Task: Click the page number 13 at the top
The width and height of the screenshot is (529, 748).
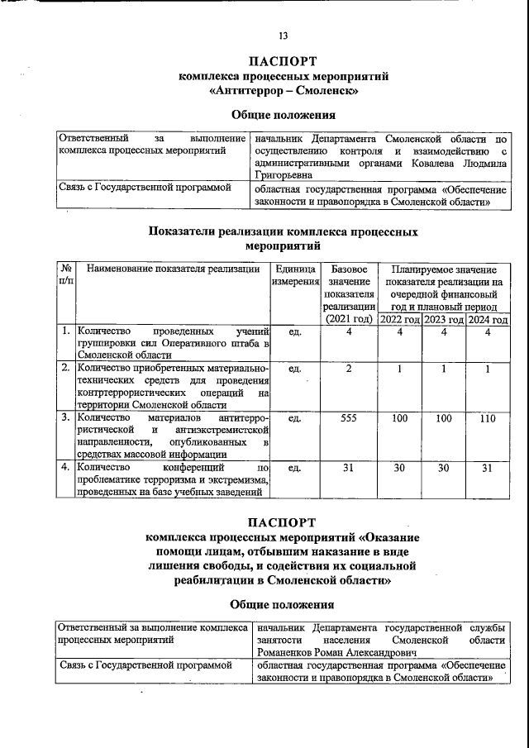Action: tap(283, 36)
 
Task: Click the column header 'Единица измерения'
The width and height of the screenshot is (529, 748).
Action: tap(295, 276)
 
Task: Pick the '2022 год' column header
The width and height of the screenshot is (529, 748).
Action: tap(400, 319)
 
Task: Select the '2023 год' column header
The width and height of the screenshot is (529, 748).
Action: tap(444, 319)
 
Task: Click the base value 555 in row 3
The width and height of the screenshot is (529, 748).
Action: tap(349, 419)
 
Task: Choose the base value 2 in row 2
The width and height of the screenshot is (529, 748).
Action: tap(349, 369)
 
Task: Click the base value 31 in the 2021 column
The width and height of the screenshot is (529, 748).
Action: tap(349, 469)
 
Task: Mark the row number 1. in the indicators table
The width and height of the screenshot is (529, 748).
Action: tap(64, 332)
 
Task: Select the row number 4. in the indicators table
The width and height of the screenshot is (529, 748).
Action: tap(64, 469)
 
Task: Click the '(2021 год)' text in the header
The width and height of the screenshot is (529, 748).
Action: tap(349, 319)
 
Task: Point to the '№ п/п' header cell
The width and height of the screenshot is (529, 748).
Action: tap(65, 276)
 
